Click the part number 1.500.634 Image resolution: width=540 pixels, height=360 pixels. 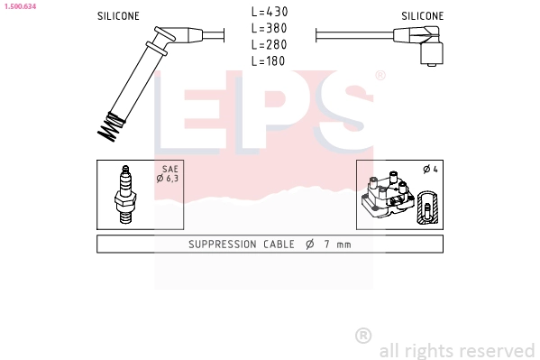tap(20, 6)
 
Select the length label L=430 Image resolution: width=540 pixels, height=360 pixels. tap(270, 12)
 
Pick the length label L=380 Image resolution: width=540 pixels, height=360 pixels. tap(270, 28)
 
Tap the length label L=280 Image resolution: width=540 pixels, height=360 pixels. tap(270, 44)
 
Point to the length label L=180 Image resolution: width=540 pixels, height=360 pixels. tap(269, 61)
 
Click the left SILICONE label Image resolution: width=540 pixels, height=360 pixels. tap(118, 16)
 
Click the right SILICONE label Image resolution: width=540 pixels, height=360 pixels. tap(423, 16)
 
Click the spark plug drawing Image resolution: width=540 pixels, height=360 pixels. tap(125, 195)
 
